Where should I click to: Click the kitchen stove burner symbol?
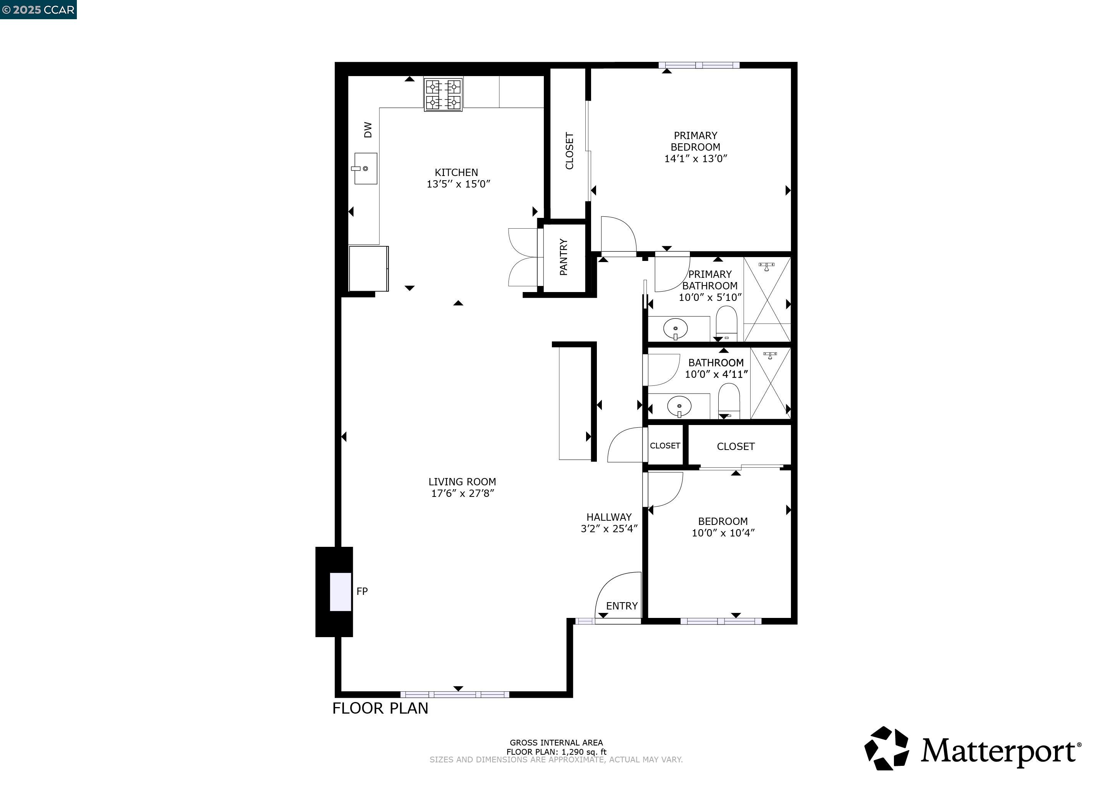(x=443, y=95)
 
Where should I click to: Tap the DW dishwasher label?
(x=368, y=130)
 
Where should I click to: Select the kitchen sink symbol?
(x=365, y=169)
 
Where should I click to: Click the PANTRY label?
(x=563, y=257)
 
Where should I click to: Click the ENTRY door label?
(x=621, y=606)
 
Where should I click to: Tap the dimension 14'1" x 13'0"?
(x=695, y=158)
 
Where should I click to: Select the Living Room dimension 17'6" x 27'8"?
(x=462, y=493)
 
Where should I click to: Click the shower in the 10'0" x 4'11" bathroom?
(x=770, y=383)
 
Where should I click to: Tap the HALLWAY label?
(x=609, y=517)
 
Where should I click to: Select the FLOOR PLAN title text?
(x=380, y=709)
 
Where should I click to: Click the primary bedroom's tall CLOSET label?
(x=570, y=151)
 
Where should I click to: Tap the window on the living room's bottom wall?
(x=455, y=694)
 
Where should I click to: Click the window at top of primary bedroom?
(x=699, y=65)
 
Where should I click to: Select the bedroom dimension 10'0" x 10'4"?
(x=723, y=533)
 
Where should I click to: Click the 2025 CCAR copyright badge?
(x=38, y=10)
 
